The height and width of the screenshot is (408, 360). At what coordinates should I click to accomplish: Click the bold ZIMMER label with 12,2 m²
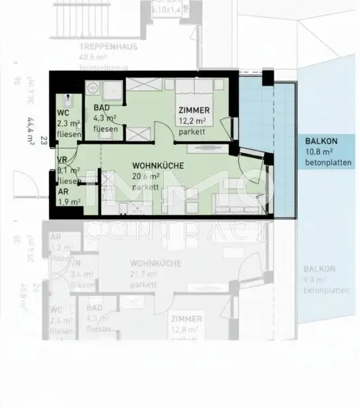[195, 111]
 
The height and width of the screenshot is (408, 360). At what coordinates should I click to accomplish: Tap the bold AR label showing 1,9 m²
[62, 192]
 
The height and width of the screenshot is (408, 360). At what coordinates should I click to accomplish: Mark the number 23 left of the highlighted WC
[43, 141]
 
